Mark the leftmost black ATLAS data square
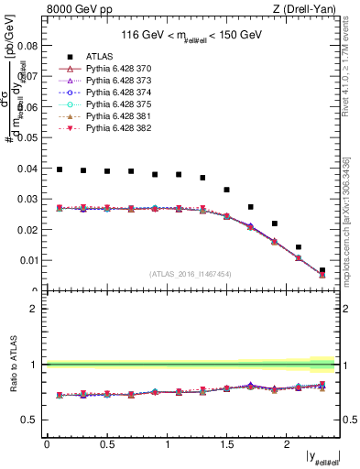point(60,169)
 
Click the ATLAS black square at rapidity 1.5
point(227,190)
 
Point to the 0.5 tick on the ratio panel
point(30,420)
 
